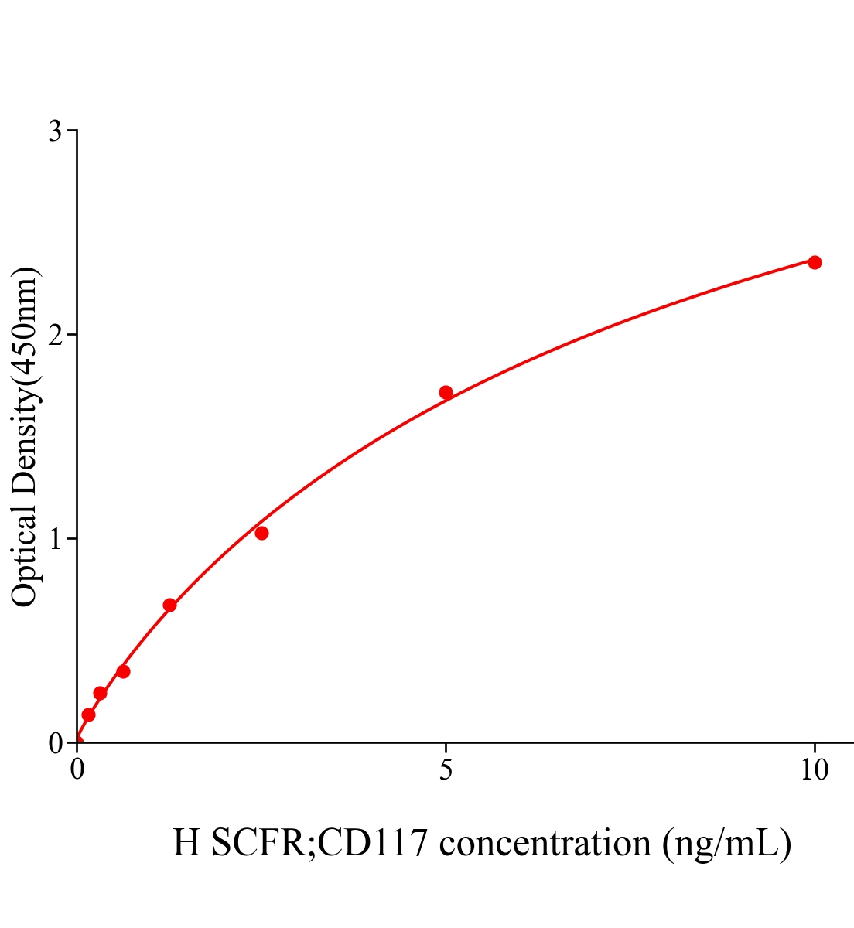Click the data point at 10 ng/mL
(x=814, y=262)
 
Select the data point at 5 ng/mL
(x=446, y=392)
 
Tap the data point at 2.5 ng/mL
(x=261, y=533)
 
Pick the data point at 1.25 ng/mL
(x=169, y=605)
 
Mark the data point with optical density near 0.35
(x=123, y=671)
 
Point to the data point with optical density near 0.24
(x=100, y=693)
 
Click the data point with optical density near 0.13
(x=88, y=715)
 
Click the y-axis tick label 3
(x=55, y=131)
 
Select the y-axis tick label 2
(x=55, y=335)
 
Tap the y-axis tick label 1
(x=55, y=539)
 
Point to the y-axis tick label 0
(x=55, y=743)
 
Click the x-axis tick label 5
(x=446, y=770)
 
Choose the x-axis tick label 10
(x=814, y=770)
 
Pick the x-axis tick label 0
(x=77, y=770)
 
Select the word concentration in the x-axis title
(x=545, y=843)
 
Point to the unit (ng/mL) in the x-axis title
(x=727, y=843)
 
